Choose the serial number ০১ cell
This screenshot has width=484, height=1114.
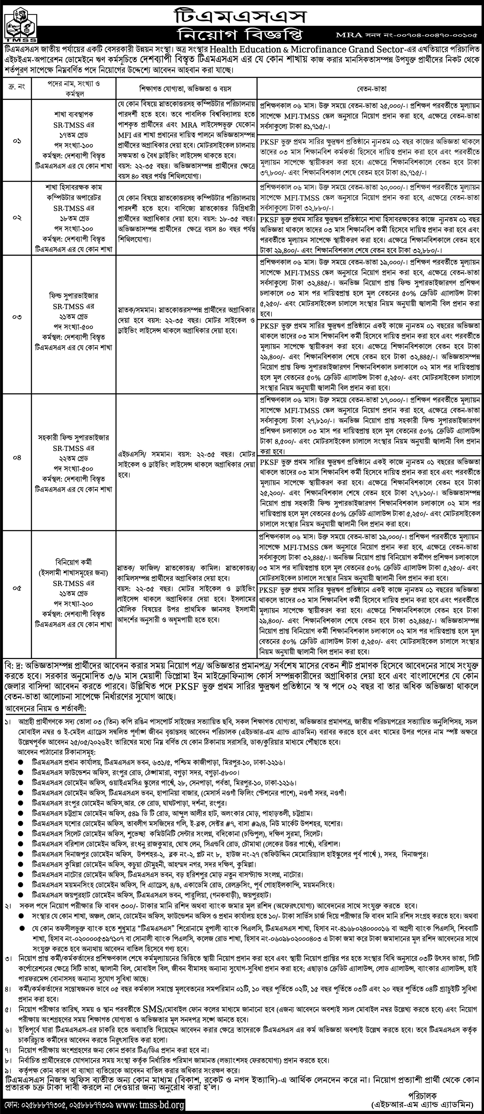17,141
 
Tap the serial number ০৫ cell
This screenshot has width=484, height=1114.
17,588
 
